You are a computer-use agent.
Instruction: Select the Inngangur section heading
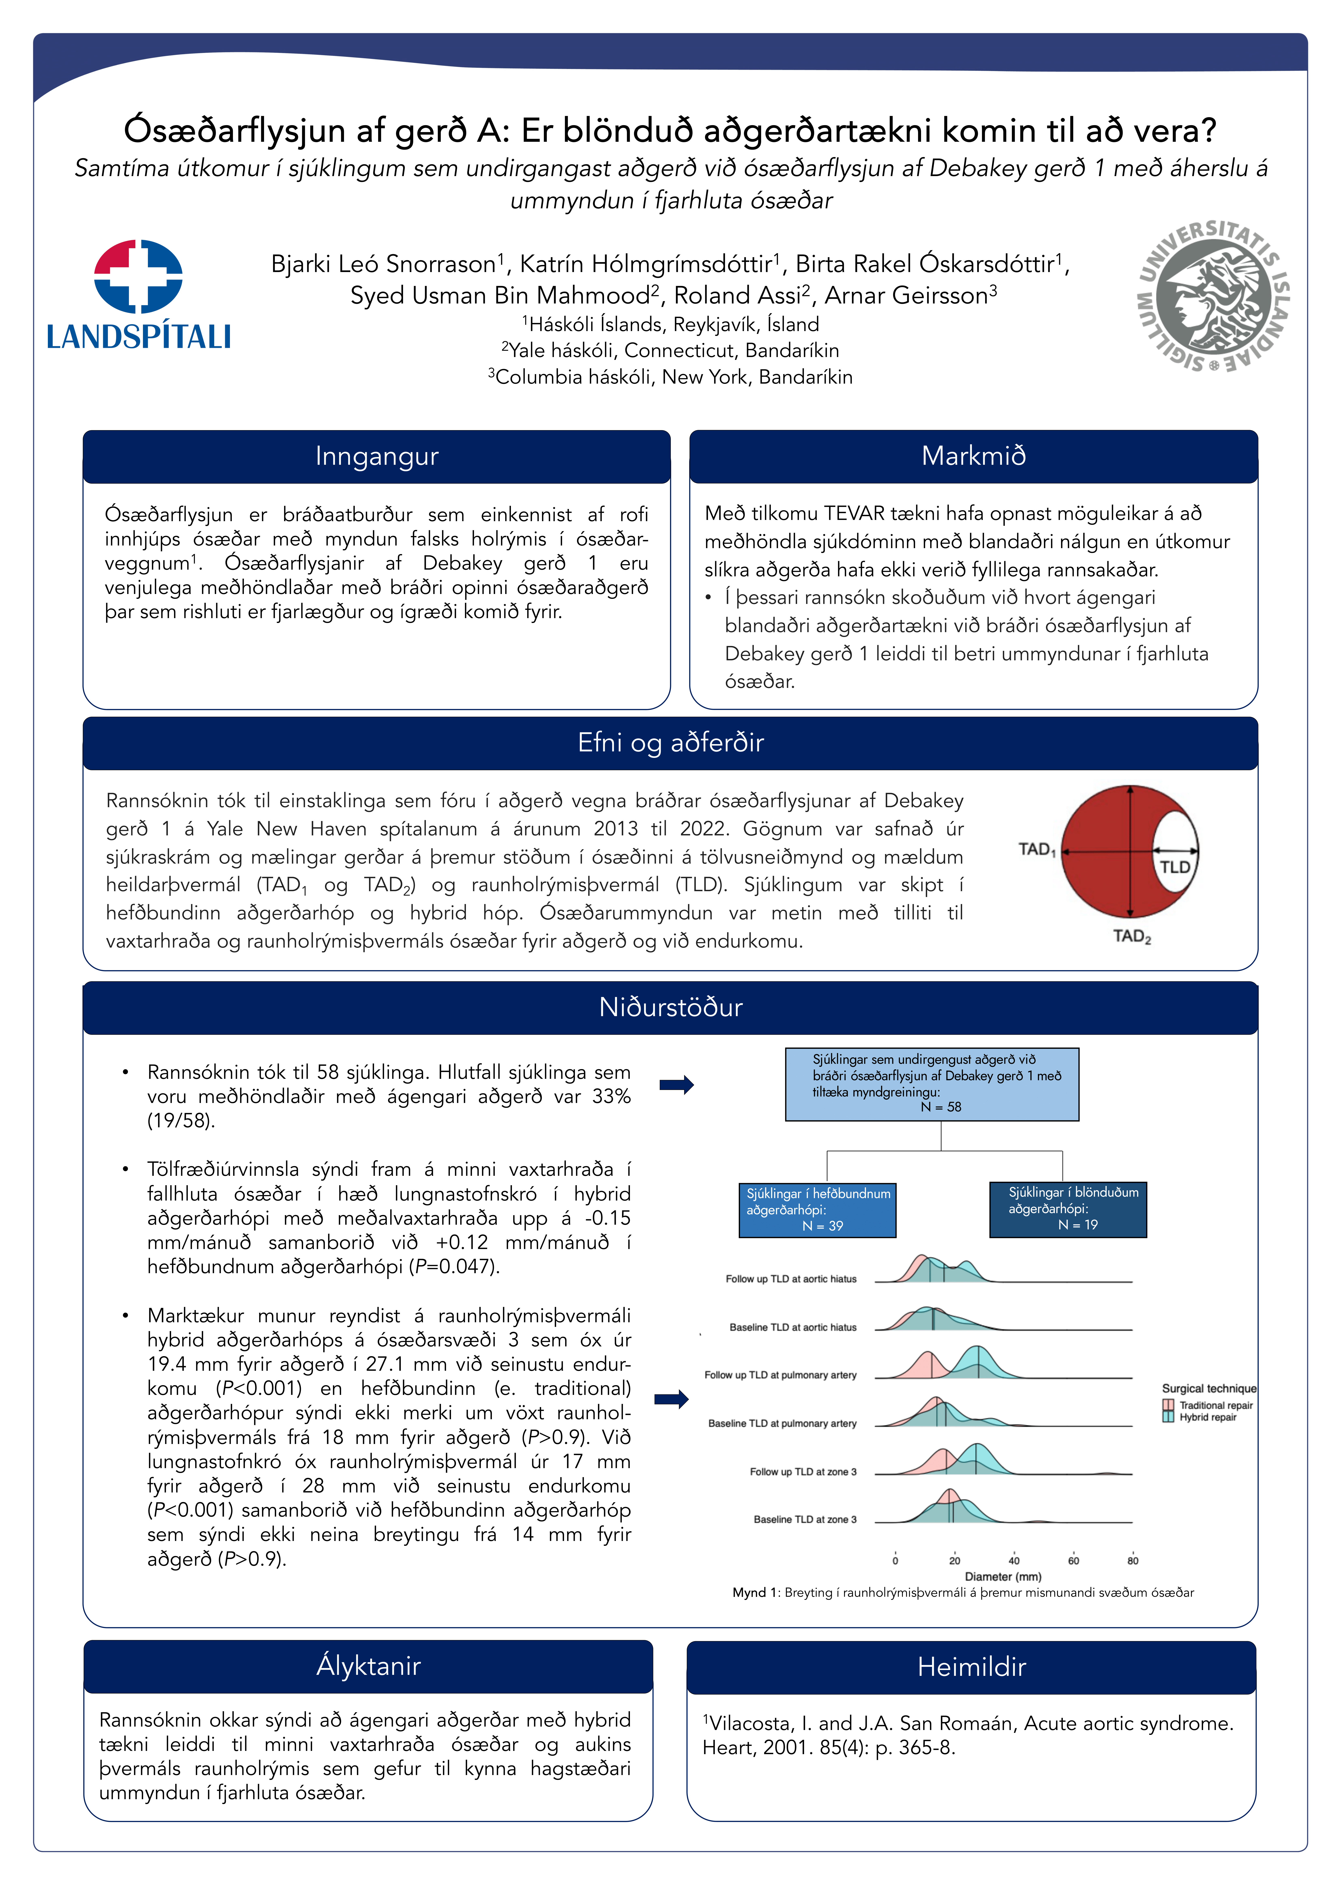pyautogui.click(x=377, y=456)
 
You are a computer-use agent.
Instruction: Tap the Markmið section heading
pyautogui.click(x=974, y=456)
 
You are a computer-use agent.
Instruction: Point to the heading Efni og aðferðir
pyautogui.click(x=670, y=743)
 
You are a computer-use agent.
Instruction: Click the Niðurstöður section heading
pyautogui.click(x=670, y=1007)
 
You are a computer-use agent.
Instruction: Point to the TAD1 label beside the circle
pyautogui.click(x=1036, y=849)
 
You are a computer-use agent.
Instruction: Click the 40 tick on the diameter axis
pyautogui.click(x=1014, y=1560)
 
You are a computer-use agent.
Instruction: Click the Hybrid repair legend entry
pyautogui.click(x=1207, y=1417)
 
